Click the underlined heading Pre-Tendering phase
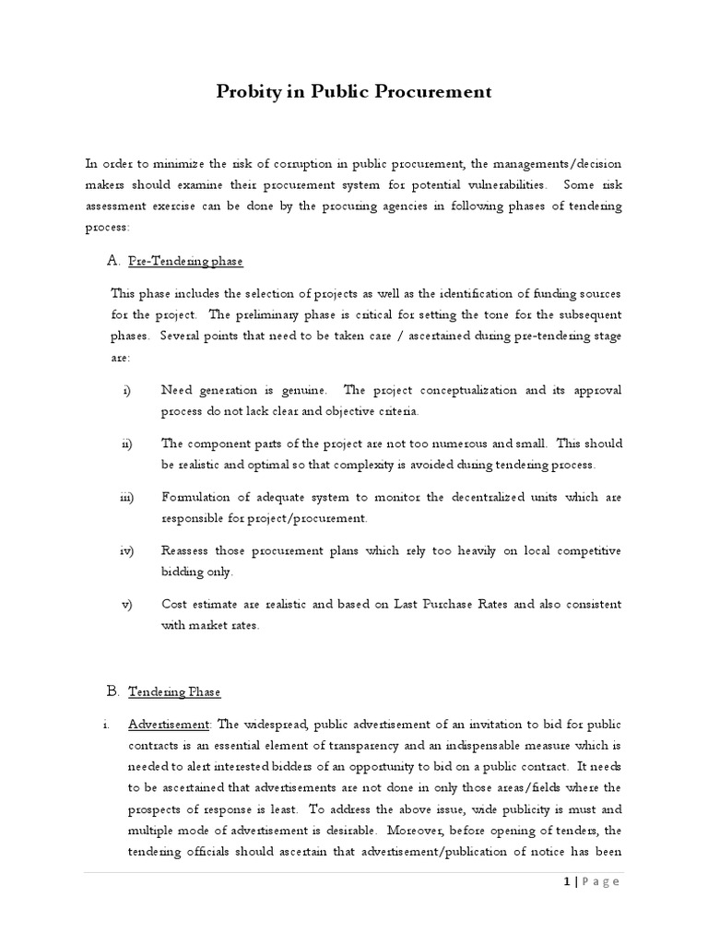[185, 262]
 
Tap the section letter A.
[113, 261]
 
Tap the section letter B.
[113, 690]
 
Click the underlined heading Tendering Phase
[175, 691]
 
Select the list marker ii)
[127, 443]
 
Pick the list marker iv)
[127, 550]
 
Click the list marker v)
[127, 604]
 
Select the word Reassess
[188, 550]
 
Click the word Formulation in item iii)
[195, 497]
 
